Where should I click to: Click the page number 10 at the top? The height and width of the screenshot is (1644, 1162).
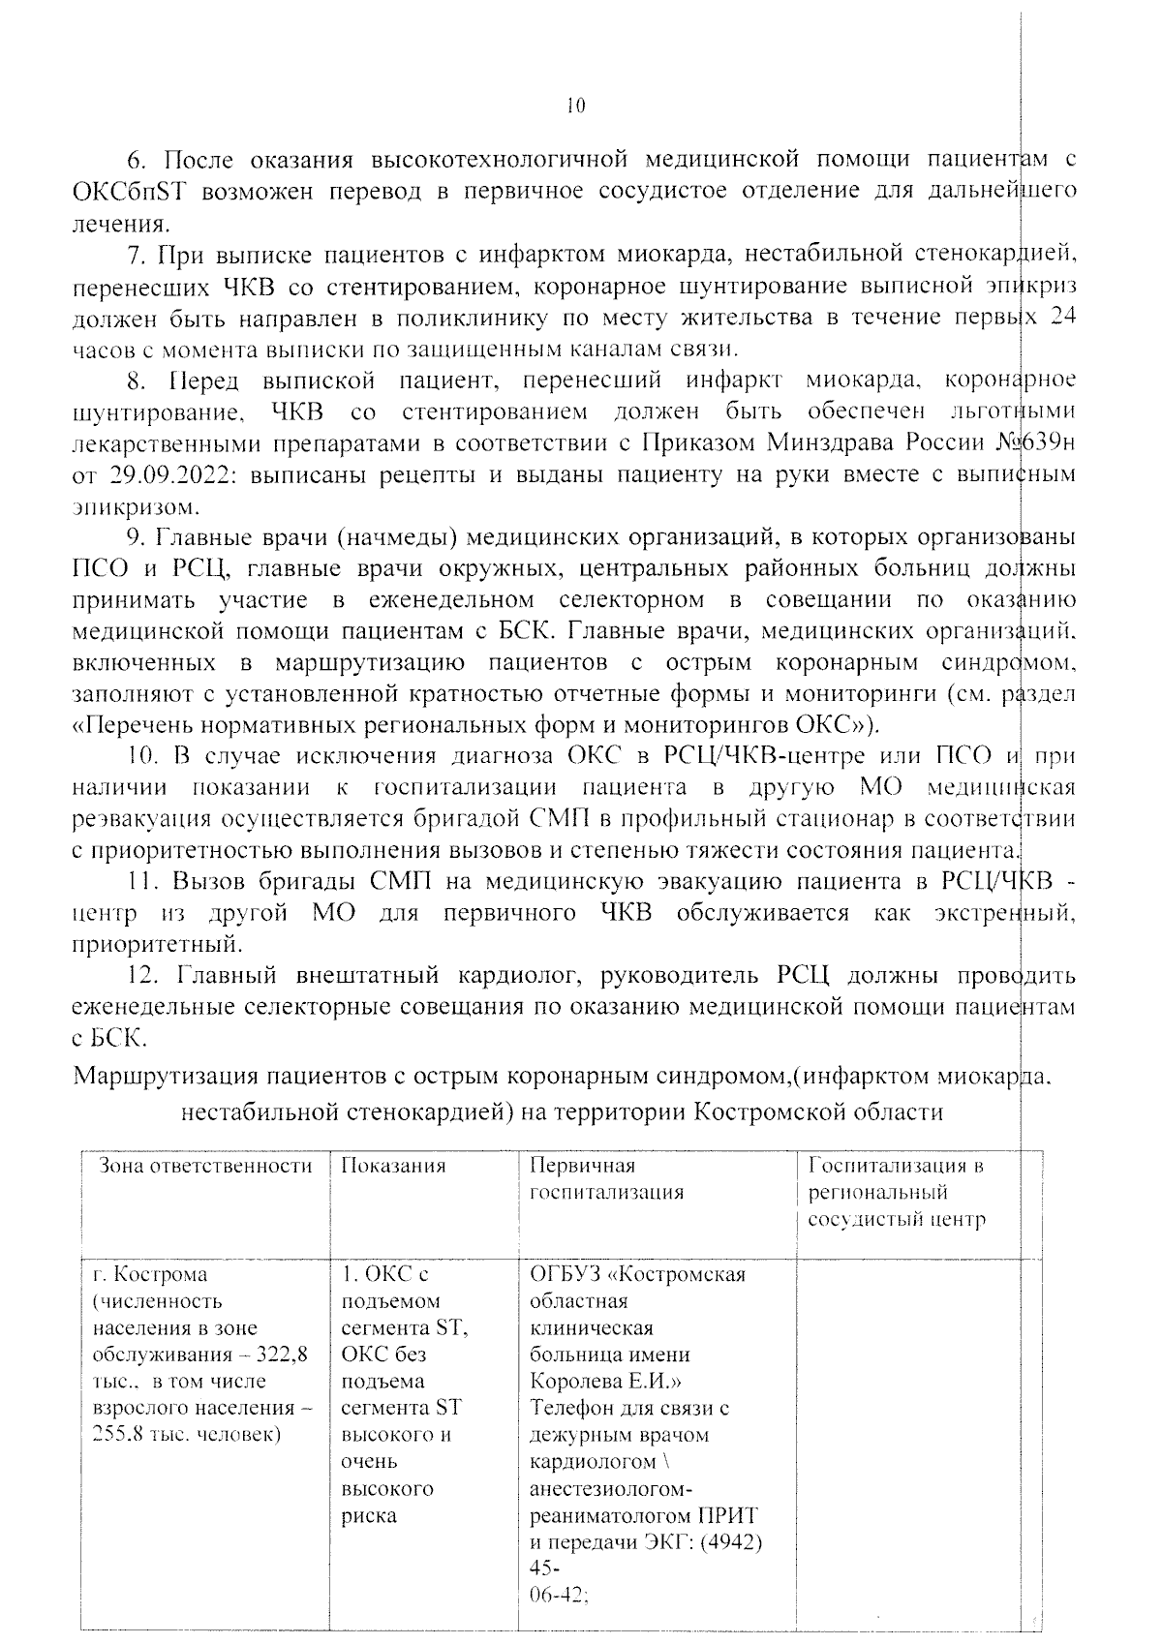(x=574, y=106)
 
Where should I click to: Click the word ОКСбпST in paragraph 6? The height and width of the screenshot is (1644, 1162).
(x=128, y=191)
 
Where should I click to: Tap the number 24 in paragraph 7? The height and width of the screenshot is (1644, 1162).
(x=1062, y=318)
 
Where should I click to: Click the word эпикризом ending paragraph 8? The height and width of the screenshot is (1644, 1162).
(x=135, y=506)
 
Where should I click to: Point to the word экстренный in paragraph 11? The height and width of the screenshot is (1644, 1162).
(x=1006, y=912)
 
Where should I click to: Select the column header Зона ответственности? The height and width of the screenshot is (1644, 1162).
(x=206, y=1166)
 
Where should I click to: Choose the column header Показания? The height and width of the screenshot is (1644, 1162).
(x=393, y=1166)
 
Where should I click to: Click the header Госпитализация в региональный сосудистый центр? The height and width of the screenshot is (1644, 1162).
(x=897, y=1192)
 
